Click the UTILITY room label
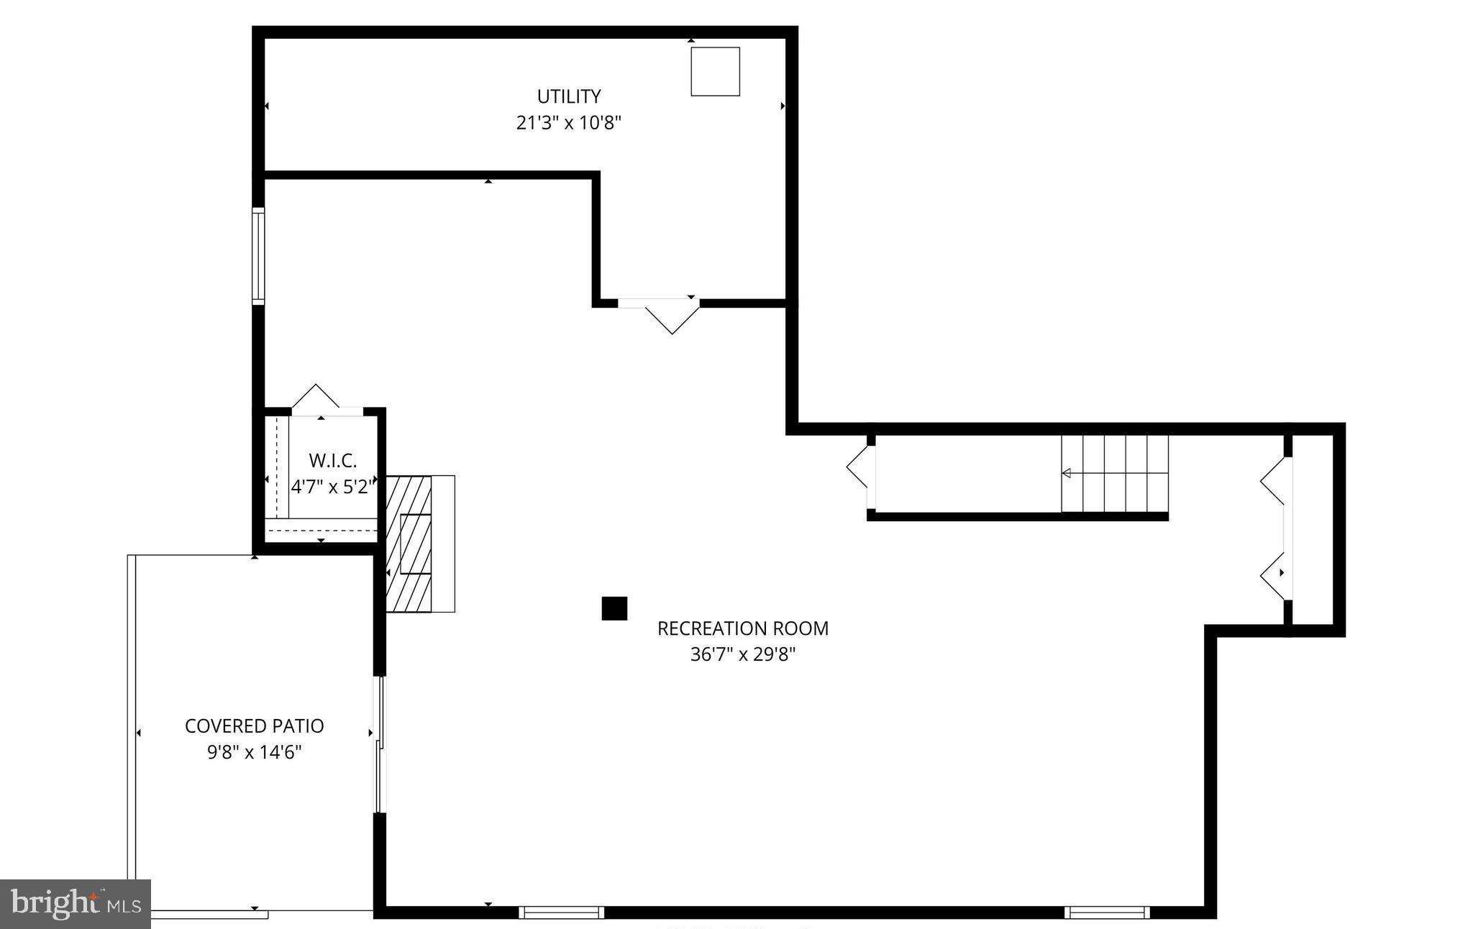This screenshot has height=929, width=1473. coord(568,96)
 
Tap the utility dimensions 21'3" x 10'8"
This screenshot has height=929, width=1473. coord(568,123)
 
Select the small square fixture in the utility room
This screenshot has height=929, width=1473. coord(715,71)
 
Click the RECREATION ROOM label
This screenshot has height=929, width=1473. coord(742,628)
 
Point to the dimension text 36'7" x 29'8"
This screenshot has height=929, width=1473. coord(742,655)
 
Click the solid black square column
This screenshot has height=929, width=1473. coord(614,608)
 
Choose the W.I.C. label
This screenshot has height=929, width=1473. coord(332,461)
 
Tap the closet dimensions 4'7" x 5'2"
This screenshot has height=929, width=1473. coord(332,487)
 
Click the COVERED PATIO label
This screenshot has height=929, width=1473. coord(254,726)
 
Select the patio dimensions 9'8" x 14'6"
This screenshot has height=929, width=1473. coord(254,753)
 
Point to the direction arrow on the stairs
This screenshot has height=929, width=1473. coord(1067,473)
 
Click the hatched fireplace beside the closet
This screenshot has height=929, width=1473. coord(409,544)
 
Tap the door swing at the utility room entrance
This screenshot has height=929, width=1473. coord(672,317)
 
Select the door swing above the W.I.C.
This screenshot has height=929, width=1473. coord(316,398)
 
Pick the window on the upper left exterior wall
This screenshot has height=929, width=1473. coord(257,256)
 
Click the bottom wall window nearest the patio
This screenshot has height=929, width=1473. coord(561,912)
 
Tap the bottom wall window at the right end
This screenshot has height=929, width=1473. coord(1107,912)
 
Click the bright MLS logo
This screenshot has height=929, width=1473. coord(75,903)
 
